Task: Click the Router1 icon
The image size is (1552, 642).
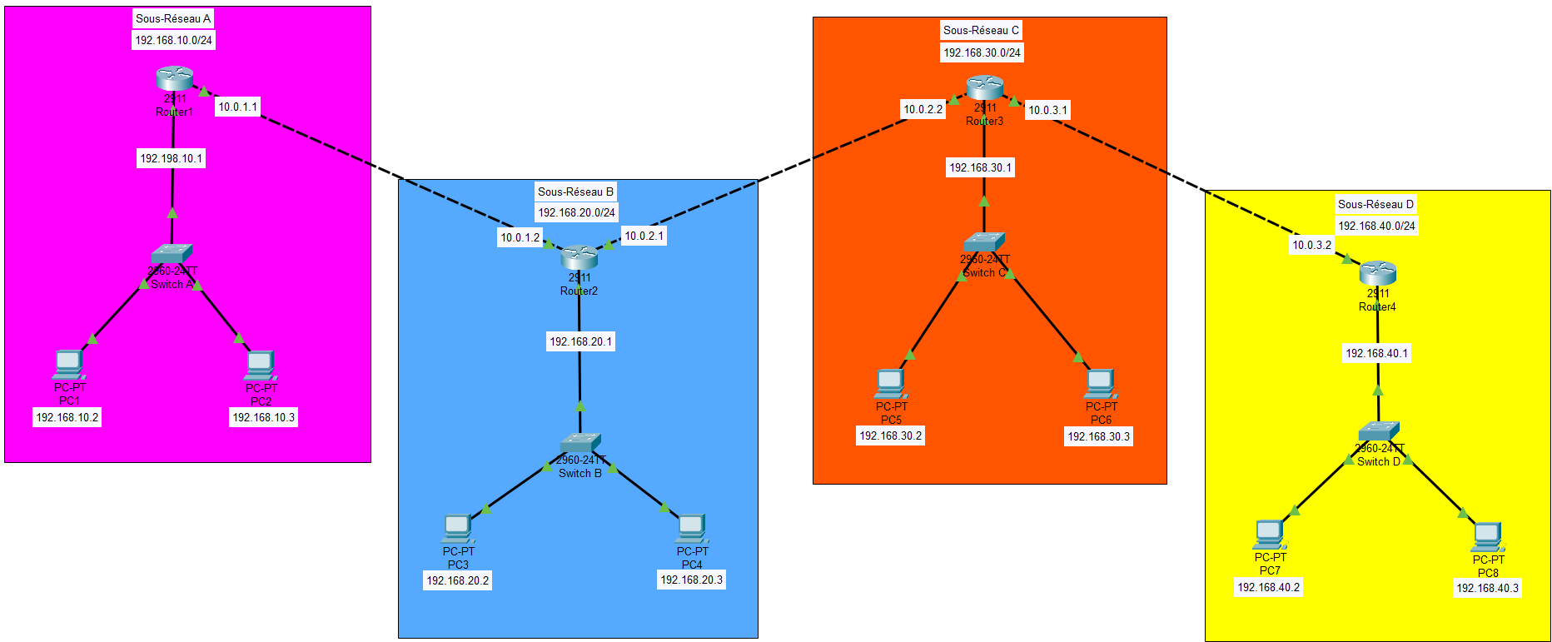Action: [x=174, y=78]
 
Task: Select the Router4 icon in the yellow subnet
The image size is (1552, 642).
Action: [x=1377, y=272]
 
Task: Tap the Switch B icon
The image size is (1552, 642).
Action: [x=580, y=442]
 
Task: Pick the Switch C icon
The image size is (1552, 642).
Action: [x=984, y=241]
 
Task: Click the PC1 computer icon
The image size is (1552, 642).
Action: [x=68, y=364]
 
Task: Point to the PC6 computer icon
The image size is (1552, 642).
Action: [x=1100, y=383]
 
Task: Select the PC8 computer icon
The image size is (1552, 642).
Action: [x=1487, y=536]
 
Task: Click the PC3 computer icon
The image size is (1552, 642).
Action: [x=457, y=528]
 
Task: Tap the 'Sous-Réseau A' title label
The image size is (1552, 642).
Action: [x=173, y=18]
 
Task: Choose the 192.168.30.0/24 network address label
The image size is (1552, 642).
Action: [x=982, y=52]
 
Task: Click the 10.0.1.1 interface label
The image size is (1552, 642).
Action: [x=238, y=107]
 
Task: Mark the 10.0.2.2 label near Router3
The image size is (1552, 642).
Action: [x=923, y=109]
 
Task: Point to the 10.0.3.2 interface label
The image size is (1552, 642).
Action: [x=1311, y=245]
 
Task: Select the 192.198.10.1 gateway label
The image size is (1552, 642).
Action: [x=171, y=158]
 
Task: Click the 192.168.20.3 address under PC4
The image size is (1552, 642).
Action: [x=691, y=580]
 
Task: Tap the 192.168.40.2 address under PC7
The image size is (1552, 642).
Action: [x=1268, y=587]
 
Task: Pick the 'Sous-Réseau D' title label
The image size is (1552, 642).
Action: [x=1375, y=204]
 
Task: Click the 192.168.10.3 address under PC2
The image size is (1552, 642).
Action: [x=263, y=417]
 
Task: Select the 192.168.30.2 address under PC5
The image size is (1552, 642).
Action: [x=890, y=435]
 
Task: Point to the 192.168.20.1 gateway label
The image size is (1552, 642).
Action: [x=580, y=341]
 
